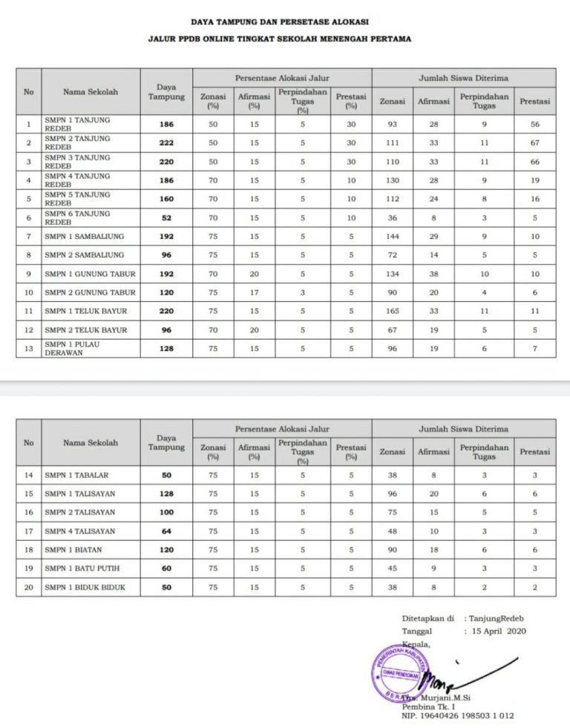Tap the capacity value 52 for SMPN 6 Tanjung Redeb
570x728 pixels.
coord(166,217)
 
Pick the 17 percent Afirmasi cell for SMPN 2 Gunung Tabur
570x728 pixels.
coord(254,292)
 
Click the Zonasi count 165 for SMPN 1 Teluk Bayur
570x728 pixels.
coord(393,311)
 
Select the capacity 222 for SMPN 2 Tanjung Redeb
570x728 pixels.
coord(166,142)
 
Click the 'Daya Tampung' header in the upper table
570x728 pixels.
coord(166,91)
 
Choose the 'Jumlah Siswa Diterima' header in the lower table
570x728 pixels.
coord(463,429)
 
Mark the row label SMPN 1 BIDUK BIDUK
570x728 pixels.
coord(84,587)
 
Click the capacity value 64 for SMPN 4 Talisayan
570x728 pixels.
coord(166,531)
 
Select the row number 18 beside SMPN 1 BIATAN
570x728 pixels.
coord(28,550)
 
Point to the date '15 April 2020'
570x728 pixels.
coord(494,631)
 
